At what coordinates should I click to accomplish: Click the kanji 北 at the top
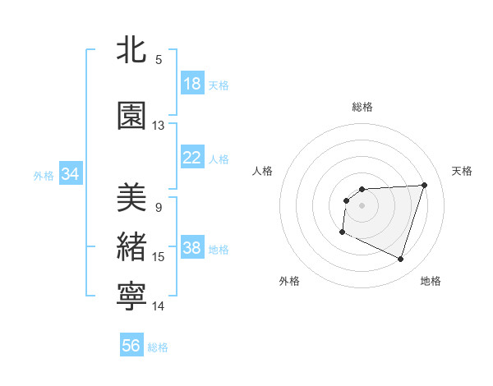pos(132,50)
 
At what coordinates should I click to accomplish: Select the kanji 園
pos(132,117)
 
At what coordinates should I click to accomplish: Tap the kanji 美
pos(132,198)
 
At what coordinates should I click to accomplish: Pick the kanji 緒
pos(132,247)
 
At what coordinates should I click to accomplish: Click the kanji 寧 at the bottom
pos(132,297)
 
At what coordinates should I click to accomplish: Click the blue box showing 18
pos(192,84)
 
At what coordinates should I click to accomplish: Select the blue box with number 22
pos(192,159)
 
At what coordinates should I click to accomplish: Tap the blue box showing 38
pos(192,249)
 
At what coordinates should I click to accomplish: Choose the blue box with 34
pos(71,174)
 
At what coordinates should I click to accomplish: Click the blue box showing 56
pos(131,347)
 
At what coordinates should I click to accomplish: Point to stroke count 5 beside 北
pos(159,59)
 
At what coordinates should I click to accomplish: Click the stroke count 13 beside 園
pos(159,126)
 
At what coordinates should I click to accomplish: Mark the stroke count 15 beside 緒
pos(159,257)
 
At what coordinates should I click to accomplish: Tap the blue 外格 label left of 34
pos(44,175)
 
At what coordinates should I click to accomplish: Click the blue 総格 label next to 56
pos(158,347)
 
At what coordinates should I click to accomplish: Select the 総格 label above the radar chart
pos(362,107)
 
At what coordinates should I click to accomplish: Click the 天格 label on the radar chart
pos(462,171)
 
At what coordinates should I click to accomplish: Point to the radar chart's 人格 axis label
pos(263,171)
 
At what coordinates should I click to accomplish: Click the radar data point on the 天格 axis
pos(424,185)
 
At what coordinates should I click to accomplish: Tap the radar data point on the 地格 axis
pos(400,260)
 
